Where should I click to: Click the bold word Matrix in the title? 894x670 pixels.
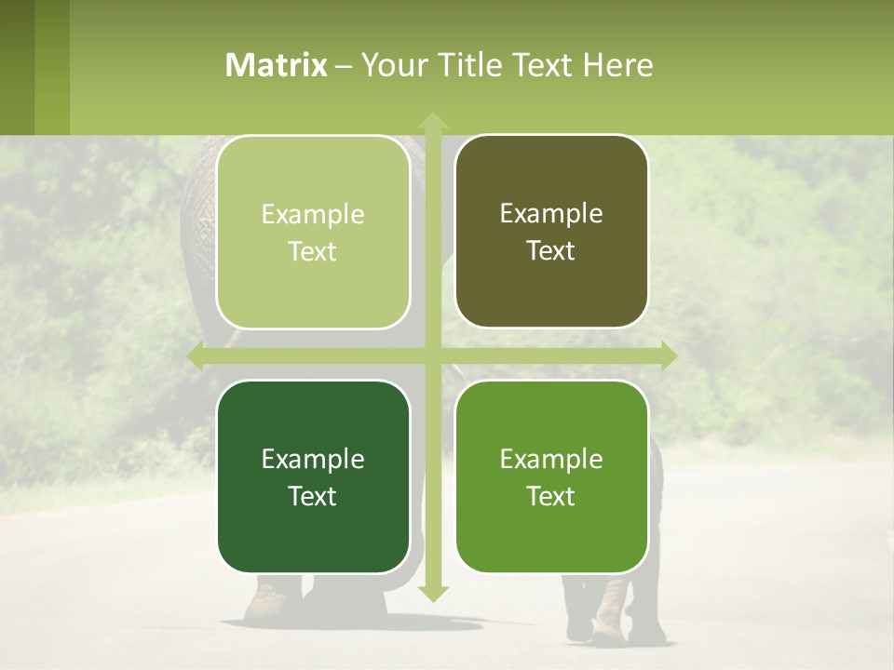pyautogui.click(x=277, y=65)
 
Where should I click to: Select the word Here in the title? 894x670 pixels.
pyautogui.click(x=617, y=65)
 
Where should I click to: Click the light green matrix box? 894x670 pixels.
pyautogui.click(x=313, y=232)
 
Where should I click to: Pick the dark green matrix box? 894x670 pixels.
pyautogui.click(x=313, y=476)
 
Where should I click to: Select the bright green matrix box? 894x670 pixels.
pyautogui.click(x=551, y=476)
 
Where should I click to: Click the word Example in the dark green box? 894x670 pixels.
pyautogui.click(x=313, y=459)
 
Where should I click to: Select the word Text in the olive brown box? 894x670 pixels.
pyautogui.click(x=551, y=250)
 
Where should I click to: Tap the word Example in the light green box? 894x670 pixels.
pyautogui.click(x=313, y=214)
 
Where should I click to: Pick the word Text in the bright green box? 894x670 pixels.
pyautogui.click(x=551, y=496)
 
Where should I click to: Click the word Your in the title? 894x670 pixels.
pyautogui.click(x=388, y=65)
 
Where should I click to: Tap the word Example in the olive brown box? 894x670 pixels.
pyautogui.click(x=551, y=213)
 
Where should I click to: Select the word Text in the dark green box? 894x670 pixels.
pyautogui.click(x=313, y=496)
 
